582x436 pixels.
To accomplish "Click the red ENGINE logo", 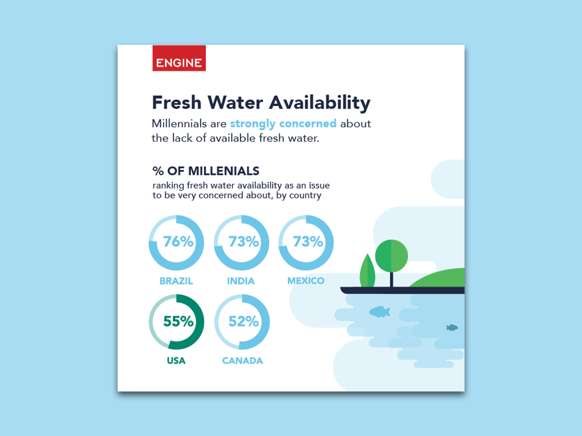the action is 179,58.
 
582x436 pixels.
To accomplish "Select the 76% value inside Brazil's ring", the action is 178,242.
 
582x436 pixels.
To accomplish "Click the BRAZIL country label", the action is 176,281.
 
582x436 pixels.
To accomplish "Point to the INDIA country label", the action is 241,281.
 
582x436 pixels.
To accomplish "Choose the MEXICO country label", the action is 306,281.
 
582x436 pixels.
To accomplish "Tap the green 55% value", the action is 178,321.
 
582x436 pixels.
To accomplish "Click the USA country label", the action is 176,361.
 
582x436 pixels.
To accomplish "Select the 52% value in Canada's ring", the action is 244,321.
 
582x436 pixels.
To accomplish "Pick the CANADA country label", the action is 242,361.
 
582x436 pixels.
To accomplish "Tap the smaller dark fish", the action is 452,328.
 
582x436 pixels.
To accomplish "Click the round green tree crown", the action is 391,256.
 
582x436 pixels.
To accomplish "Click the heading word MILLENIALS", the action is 224,171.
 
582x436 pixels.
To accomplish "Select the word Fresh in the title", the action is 177,103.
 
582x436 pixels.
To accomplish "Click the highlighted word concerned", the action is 308,124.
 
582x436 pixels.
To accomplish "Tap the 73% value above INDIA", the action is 244,242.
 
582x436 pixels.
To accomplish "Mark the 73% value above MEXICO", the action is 308,242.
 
